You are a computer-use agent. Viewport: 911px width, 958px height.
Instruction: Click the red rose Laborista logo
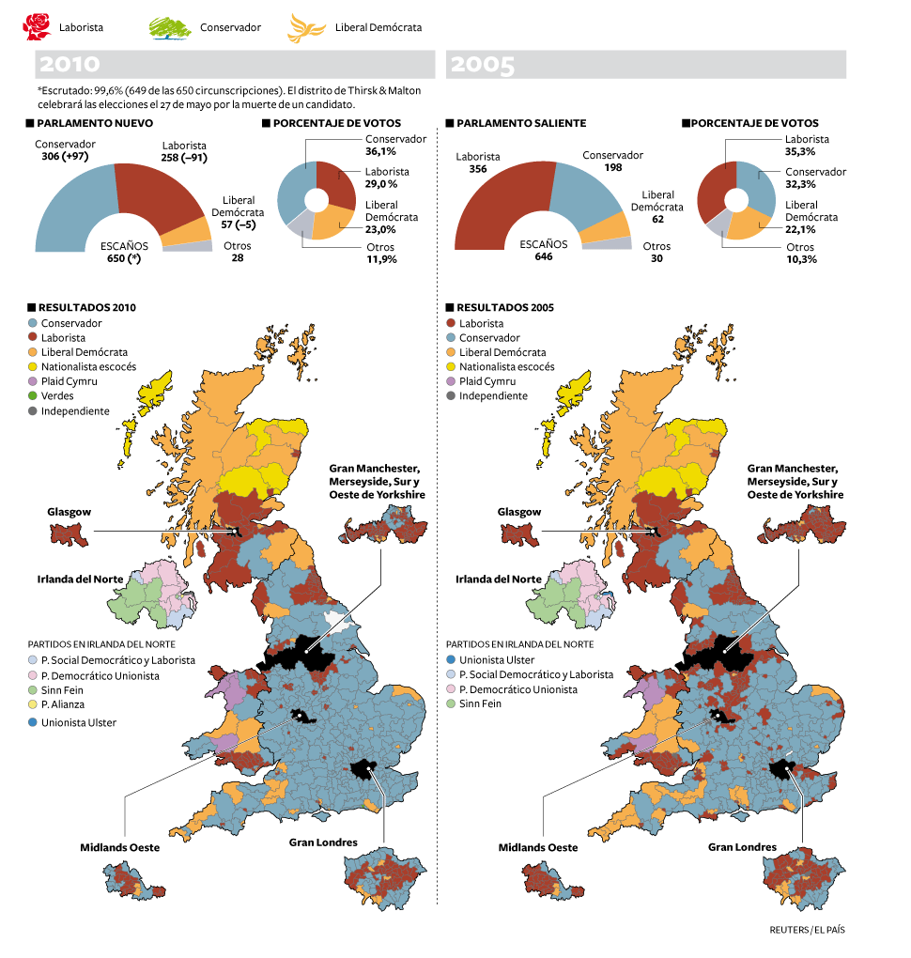pos(36,25)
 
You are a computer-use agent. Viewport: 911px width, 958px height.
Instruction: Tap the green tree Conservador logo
pos(170,26)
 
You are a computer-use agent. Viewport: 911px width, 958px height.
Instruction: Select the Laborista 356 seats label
pos(478,162)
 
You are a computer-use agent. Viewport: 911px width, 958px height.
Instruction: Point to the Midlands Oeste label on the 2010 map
pos(119,847)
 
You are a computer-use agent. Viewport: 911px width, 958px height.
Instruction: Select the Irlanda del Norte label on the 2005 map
pos(499,579)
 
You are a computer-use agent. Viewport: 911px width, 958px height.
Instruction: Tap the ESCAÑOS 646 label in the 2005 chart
pos(543,250)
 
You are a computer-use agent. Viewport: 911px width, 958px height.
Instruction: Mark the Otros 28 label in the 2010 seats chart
pos(238,252)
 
